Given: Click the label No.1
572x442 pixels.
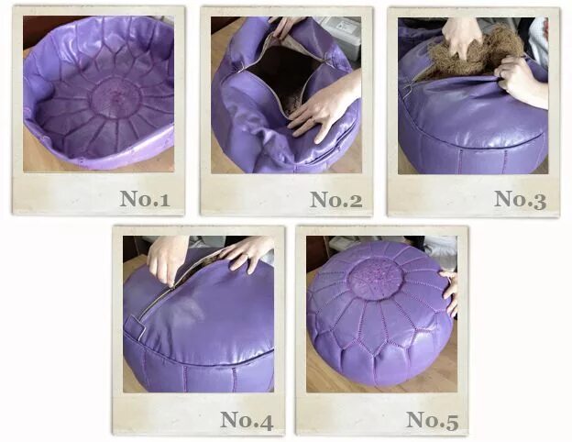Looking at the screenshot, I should (144, 199).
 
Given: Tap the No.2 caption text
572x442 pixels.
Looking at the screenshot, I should (336, 199).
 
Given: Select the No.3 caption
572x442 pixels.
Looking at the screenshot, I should (520, 199).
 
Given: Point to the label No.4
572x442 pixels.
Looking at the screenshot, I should (247, 419).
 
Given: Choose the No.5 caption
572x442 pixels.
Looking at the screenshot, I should (433, 419).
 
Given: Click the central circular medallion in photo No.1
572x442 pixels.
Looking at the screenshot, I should (116, 97).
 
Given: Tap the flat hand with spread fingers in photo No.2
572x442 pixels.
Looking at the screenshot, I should (321, 105).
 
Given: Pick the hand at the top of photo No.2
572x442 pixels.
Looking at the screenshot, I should (287, 25).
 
